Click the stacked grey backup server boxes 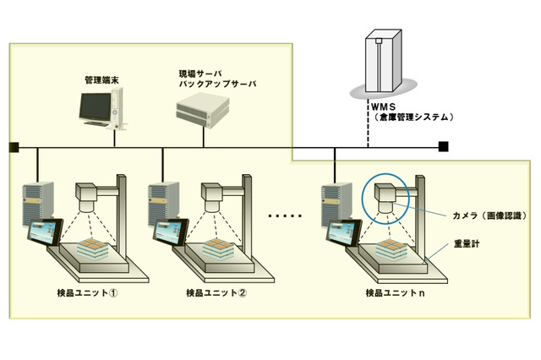[204, 110]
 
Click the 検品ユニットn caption [390, 293]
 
